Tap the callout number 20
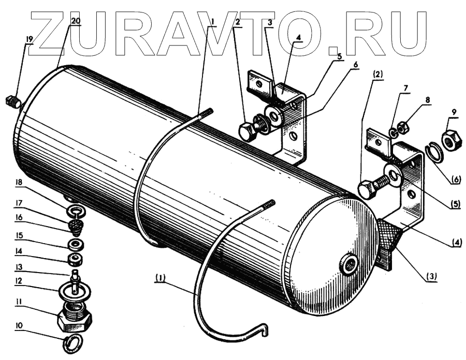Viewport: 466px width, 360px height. [76, 21]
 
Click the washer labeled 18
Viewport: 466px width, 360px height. [76, 212]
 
